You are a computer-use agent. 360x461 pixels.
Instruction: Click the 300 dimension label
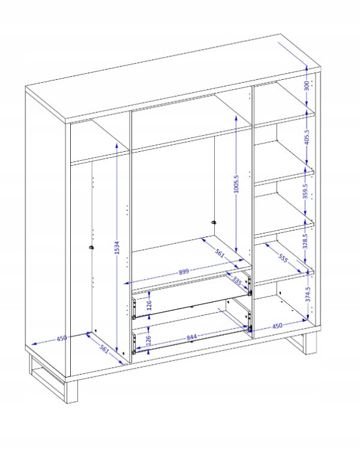307,86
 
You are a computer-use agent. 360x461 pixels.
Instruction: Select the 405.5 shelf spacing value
307,137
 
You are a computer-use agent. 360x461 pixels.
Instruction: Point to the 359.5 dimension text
305,191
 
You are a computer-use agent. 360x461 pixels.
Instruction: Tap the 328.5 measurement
305,241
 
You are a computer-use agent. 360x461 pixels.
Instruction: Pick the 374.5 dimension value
308,294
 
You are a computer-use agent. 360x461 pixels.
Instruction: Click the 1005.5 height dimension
236,184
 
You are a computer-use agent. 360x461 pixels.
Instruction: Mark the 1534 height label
117,247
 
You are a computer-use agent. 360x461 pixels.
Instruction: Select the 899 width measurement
184,271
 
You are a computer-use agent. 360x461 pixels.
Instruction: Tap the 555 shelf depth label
283,259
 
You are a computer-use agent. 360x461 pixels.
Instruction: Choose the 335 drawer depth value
237,281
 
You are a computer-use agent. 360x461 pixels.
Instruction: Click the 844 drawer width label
192,337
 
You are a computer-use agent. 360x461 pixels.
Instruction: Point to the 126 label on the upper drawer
149,305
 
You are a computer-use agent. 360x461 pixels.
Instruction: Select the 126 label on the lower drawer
148,340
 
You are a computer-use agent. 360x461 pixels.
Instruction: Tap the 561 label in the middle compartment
220,253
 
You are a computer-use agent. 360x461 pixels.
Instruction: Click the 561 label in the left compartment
104,349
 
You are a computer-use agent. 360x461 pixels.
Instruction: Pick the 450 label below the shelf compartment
277,326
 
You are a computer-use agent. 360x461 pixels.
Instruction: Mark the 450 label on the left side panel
62,338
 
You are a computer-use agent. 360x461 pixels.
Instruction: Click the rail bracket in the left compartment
91,248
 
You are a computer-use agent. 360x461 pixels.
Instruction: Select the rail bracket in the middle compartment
214,223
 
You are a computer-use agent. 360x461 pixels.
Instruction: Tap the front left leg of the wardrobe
72,391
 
